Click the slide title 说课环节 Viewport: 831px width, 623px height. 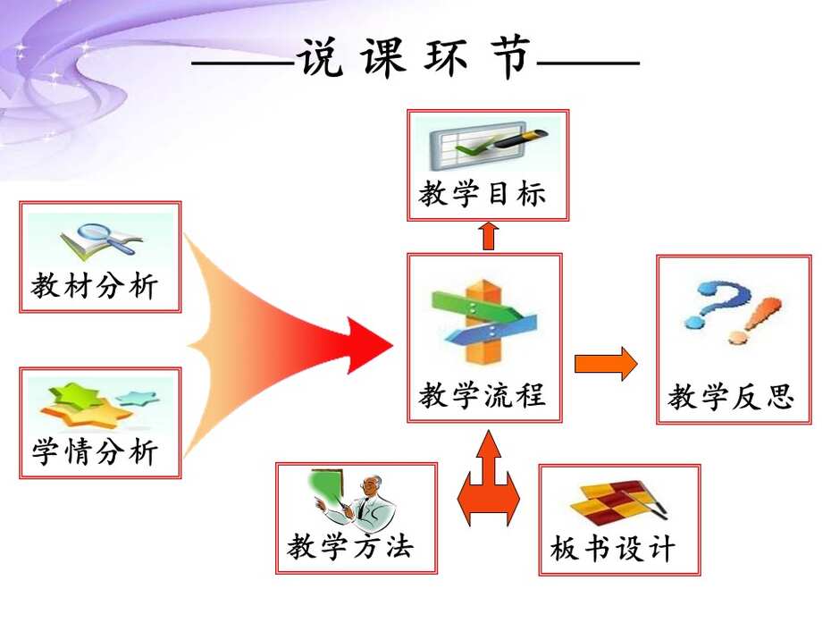coord(415,57)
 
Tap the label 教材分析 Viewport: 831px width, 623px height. coord(95,286)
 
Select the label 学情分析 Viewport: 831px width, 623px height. coord(95,452)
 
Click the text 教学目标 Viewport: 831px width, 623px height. coord(483,194)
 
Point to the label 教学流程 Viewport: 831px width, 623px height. coord(482,395)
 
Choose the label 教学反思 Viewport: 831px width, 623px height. coord(731,397)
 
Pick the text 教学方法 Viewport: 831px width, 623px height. coord(350,546)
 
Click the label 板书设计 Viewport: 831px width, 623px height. coord(613,548)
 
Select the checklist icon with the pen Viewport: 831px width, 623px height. coord(488,143)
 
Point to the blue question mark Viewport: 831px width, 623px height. coord(716,303)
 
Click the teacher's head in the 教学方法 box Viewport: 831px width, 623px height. coord(374,484)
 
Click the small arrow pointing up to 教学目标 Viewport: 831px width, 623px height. coord(489,235)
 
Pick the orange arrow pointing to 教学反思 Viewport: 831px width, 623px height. coord(606,364)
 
